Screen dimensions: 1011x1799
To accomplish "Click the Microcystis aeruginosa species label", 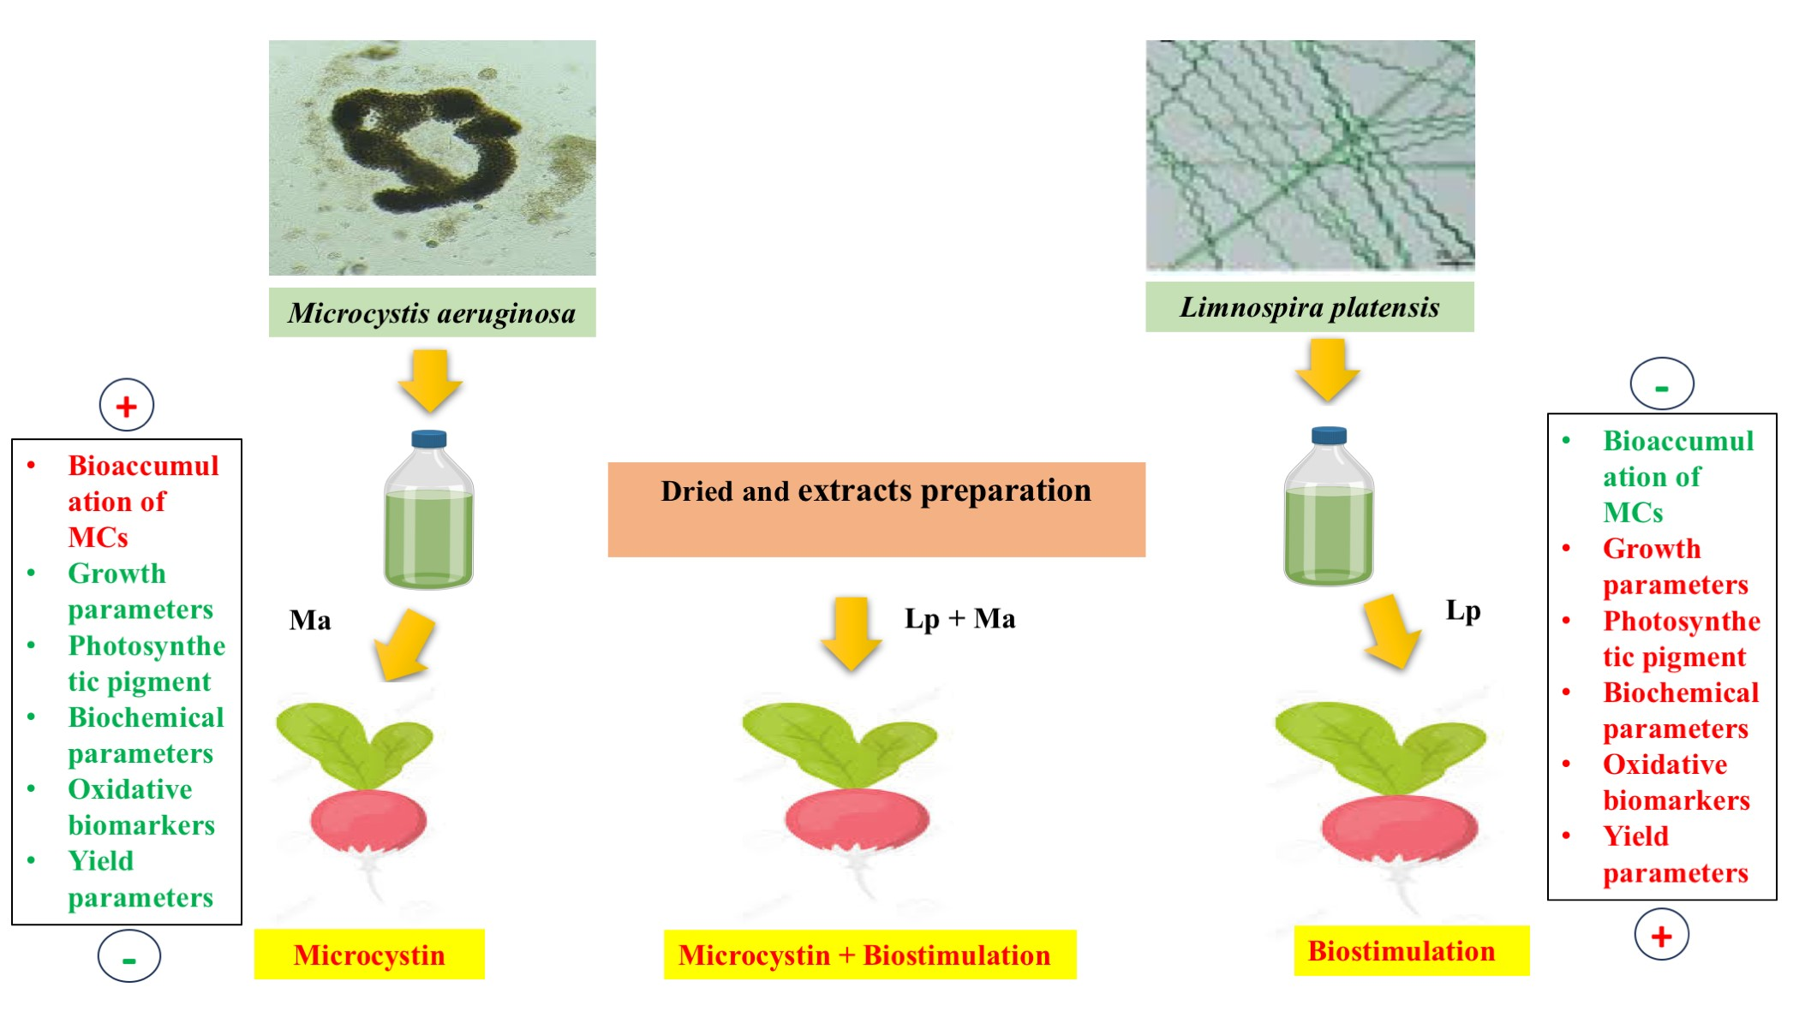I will tap(432, 313).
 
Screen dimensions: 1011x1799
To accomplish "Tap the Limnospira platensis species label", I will tap(1309, 307).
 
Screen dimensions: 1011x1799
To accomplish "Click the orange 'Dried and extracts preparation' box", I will tap(876, 509).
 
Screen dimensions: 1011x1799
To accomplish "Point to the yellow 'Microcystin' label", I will tap(369, 955).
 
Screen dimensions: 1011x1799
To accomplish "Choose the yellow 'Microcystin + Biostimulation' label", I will tap(869, 955).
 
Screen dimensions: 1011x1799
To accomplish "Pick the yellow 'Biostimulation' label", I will tap(1410, 951).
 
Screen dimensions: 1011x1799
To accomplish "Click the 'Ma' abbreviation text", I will tap(310, 620).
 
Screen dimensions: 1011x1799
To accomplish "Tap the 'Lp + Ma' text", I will tap(959, 618).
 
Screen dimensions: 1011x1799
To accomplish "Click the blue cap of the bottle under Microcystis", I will tap(429, 439).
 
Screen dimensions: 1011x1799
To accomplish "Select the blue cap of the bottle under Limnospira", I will tap(1329, 436).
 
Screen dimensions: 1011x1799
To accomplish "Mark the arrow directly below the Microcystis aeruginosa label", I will tap(430, 379).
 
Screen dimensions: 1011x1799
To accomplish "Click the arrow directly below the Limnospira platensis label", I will tap(1328, 370).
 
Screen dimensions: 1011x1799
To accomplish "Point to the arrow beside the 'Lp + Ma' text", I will tap(851, 633).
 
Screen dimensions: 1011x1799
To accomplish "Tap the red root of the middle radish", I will tap(857, 818).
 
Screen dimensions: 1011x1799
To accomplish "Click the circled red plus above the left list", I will tap(127, 406).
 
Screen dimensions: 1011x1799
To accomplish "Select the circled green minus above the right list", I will tap(1661, 384).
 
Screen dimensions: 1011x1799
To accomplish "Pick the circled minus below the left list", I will tap(128, 957).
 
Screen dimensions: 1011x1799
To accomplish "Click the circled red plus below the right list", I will tap(1661, 935).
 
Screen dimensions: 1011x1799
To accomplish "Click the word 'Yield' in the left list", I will tap(101, 860).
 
